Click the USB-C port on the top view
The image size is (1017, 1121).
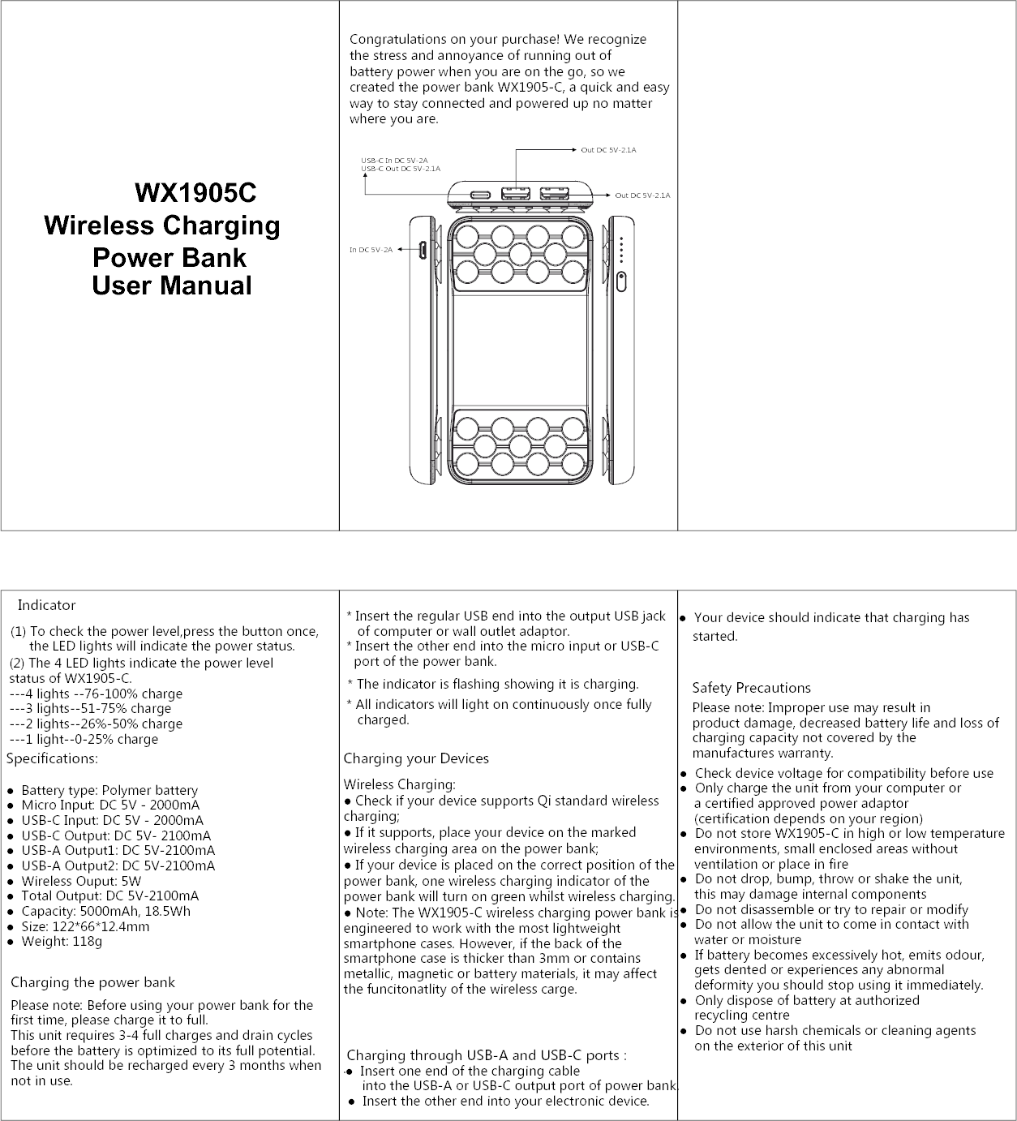point(479,195)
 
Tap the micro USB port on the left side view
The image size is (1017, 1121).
point(423,251)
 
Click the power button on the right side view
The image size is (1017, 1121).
point(621,282)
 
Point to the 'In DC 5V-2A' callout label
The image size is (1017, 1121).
point(371,250)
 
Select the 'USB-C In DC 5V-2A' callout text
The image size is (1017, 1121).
point(395,161)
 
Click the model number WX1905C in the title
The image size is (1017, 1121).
point(195,193)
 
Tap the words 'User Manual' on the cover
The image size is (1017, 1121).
point(172,286)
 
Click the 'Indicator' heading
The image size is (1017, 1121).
point(46,605)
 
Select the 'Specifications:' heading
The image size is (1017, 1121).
point(52,758)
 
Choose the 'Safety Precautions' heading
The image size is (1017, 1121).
point(751,688)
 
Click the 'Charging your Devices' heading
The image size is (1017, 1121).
point(416,758)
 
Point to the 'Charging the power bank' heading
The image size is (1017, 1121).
point(92,982)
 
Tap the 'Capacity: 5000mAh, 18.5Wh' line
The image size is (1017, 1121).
point(105,911)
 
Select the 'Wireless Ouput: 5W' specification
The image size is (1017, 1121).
point(81,881)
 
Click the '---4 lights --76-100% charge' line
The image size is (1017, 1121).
point(96,694)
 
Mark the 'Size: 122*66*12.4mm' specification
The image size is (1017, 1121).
point(85,926)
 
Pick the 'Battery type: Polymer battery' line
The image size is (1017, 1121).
point(109,790)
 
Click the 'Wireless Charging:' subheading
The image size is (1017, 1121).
point(400,784)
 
